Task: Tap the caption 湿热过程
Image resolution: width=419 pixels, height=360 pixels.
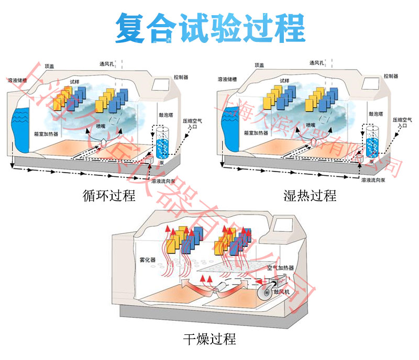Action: point(310,196)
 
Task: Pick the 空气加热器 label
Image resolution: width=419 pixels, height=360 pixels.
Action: point(280,267)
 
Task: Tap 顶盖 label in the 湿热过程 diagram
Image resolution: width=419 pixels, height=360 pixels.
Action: point(260,65)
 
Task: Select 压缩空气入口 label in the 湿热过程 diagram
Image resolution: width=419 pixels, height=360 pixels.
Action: point(402,122)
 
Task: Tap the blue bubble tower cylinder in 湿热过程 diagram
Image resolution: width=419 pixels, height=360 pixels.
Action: point(372,141)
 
